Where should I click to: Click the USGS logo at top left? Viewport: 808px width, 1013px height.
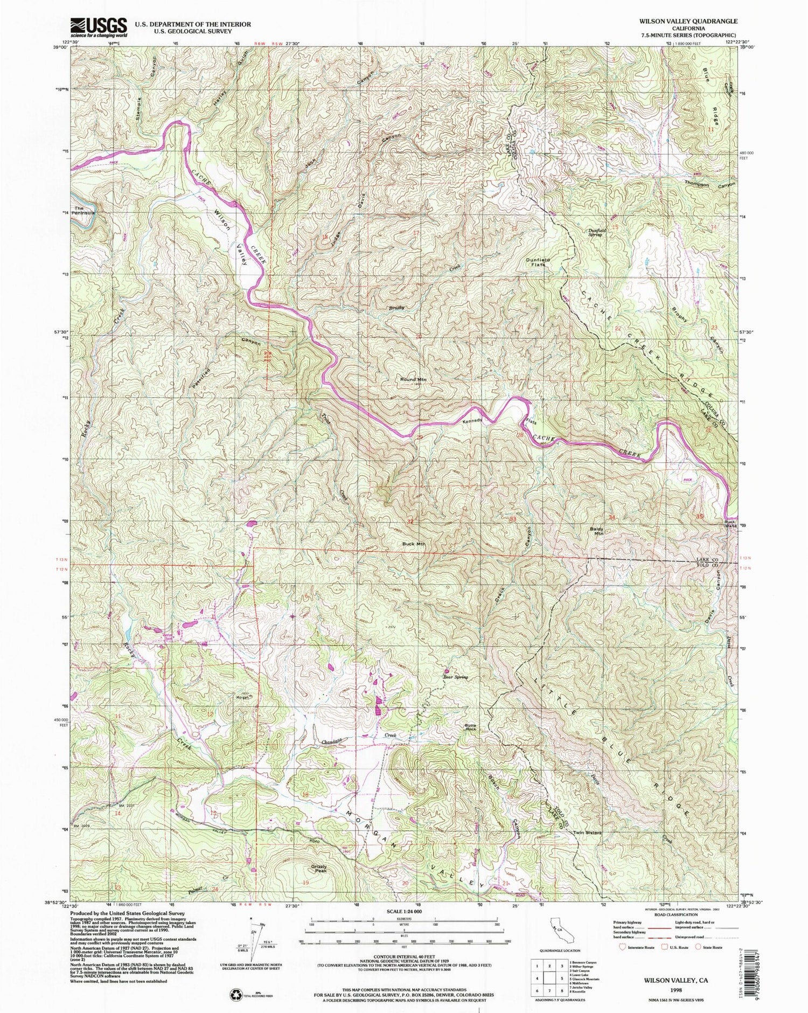tap(99, 26)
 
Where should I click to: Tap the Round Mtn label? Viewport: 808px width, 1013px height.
tap(413, 379)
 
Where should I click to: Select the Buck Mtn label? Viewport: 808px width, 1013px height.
tap(414, 544)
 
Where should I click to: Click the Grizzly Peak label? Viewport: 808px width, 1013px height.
tap(319, 869)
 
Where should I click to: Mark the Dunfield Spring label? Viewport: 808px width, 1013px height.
tap(597, 232)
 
